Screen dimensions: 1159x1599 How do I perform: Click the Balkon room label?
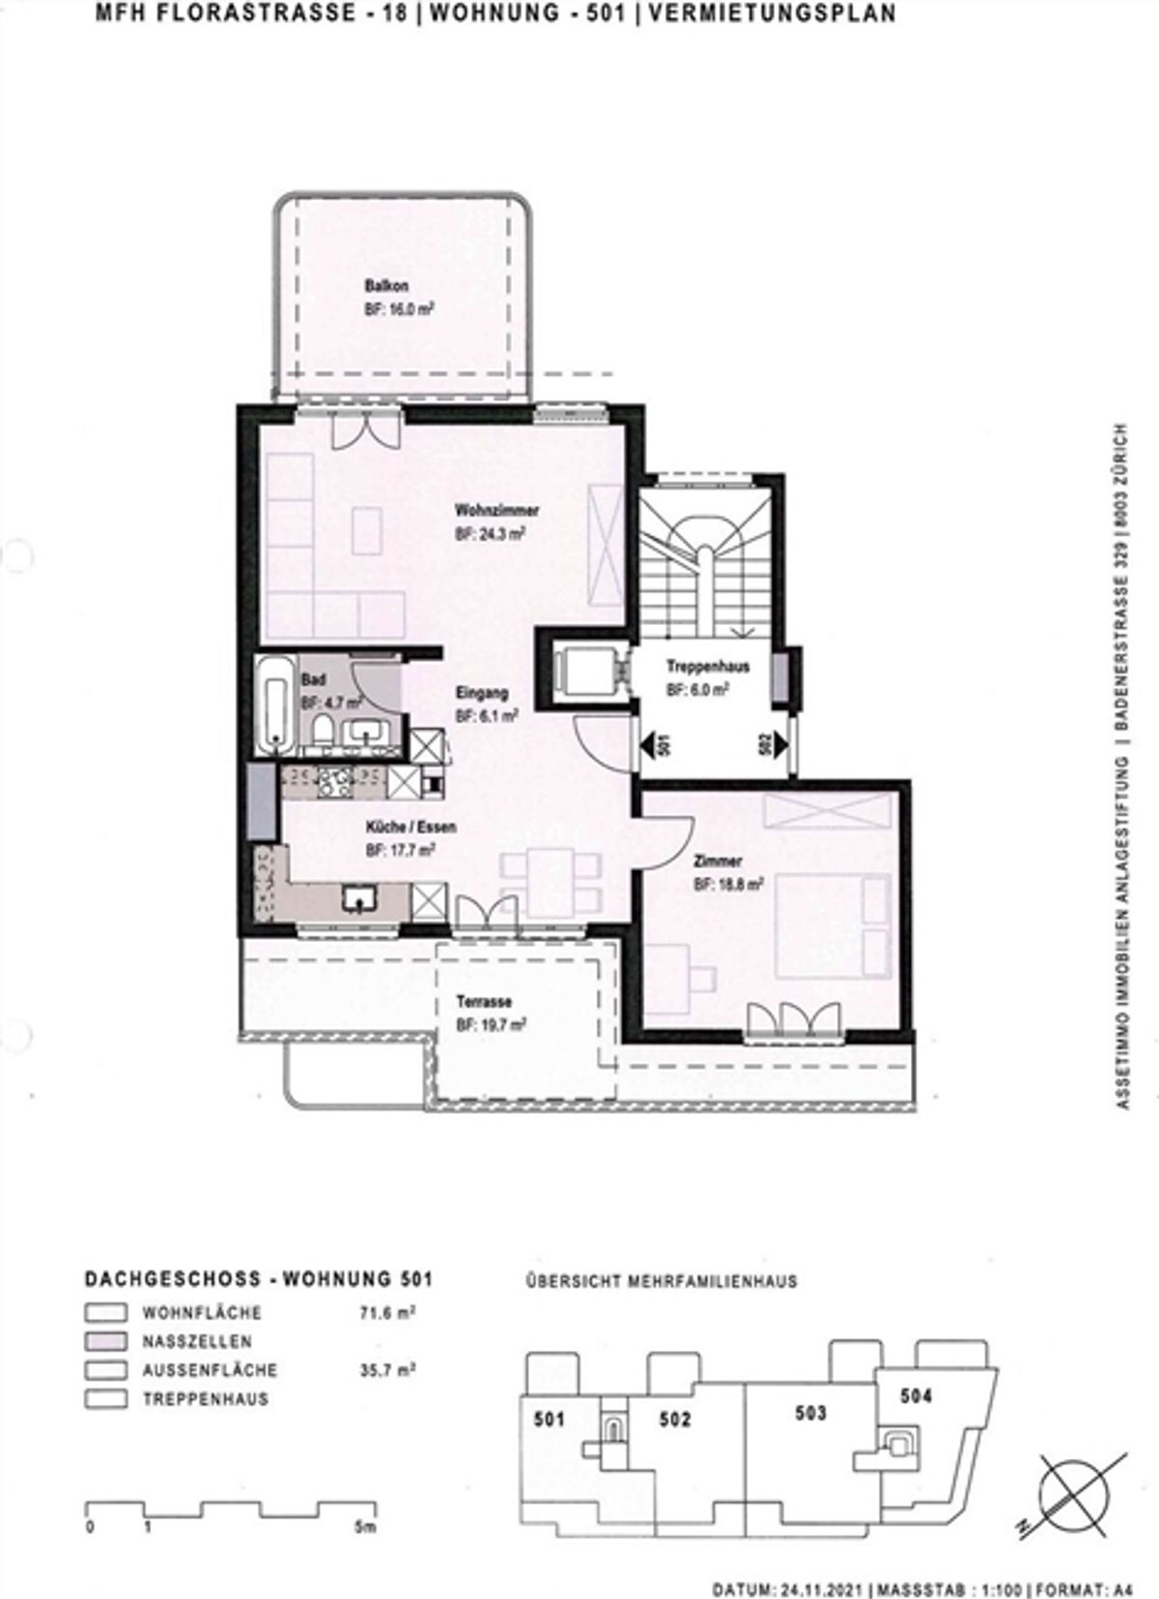tap(386, 286)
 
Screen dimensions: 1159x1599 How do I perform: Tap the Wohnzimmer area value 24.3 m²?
tap(491, 534)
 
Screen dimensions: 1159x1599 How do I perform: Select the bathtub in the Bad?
tap(274, 704)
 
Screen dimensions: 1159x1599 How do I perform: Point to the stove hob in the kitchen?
tap(335, 784)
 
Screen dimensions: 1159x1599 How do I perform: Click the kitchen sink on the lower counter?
tap(358, 898)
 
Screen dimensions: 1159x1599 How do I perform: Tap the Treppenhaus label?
tap(707, 667)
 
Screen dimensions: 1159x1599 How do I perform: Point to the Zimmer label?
tap(718, 862)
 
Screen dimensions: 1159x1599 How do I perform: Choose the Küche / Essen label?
tap(410, 827)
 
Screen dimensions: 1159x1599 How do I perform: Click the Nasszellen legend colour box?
tap(105, 1342)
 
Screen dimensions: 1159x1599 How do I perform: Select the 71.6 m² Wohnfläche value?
tap(387, 1311)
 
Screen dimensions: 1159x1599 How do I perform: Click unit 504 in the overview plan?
tap(916, 1395)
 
